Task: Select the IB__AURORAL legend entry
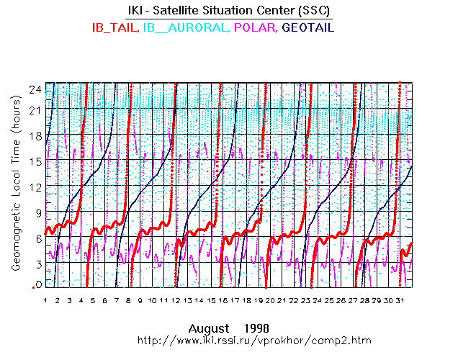[x=183, y=27]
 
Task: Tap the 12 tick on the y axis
[x=33, y=185]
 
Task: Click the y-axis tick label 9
[x=35, y=211]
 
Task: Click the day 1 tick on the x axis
[x=45, y=300]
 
